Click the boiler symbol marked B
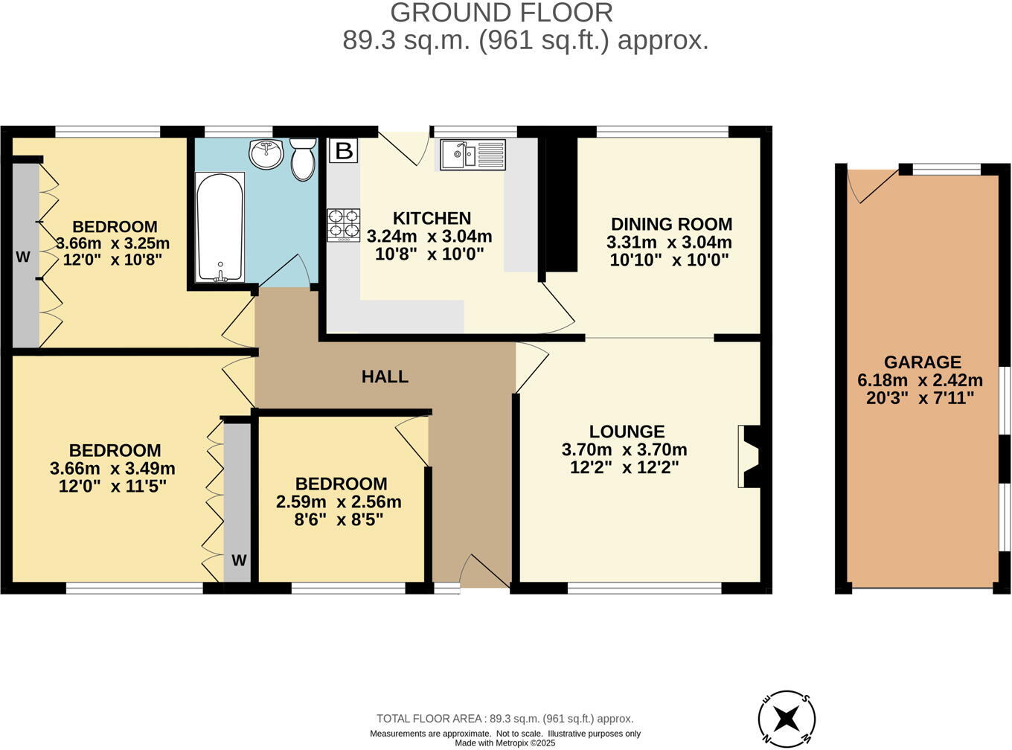pyautogui.click(x=343, y=151)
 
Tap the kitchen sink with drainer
pyautogui.click(x=473, y=155)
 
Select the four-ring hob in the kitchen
pyautogui.click(x=343, y=225)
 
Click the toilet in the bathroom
pyautogui.click(x=303, y=159)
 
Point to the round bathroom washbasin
pyautogui.click(x=266, y=153)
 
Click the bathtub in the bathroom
pyautogui.click(x=220, y=228)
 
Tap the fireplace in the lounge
pyautogui.click(x=749, y=457)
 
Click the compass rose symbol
pyautogui.click(x=787, y=719)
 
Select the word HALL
pyautogui.click(x=385, y=376)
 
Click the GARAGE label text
pyautogui.click(x=922, y=362)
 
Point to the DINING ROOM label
pyautogui.click(x=671, y=224)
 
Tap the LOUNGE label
pyautogui.click(x=627, y=432)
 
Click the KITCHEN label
pyautogui.click(x=432, y=218)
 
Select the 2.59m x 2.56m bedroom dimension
pyautogui.click(x=339, y=502)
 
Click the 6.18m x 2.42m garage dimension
pyautogui.click(x=920, y=380)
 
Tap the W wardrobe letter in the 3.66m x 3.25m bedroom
pyautogui.click(x=23, y=257)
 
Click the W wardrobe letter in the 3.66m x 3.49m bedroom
pyautogui.click(x=238, y=560)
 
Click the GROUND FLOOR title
pyautogui.click(x=502, y=13)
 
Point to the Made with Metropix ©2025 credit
pyautogui.click(x=505, y=743)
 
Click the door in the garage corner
pyautogui.click(x=871, y=185)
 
